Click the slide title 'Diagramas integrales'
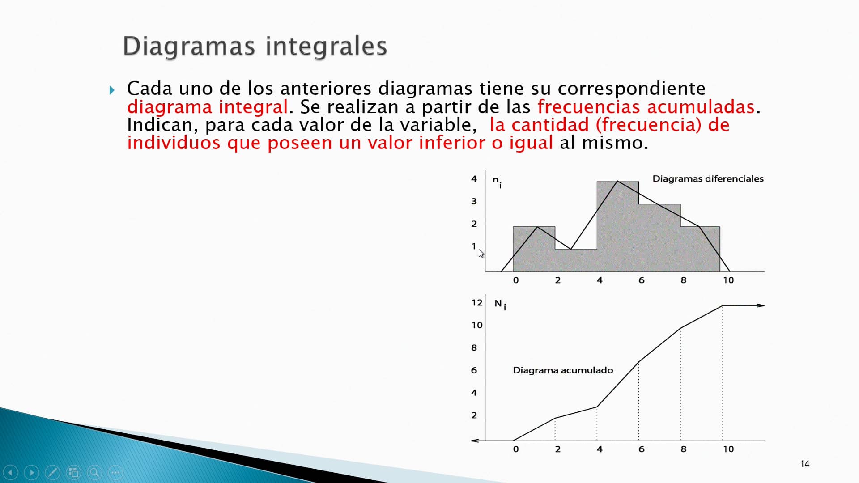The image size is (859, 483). [255, 46]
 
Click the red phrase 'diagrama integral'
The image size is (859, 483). [207, 107]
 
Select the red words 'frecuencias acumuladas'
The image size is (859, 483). [646, 107]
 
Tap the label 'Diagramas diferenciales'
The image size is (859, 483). [708, 179]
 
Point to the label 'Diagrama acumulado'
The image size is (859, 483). [563, 370]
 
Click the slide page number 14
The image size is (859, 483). [804, 464]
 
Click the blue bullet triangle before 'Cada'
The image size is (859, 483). [112, 90]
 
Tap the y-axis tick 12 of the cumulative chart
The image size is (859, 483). [477, 303]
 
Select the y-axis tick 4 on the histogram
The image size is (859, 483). [474, 179]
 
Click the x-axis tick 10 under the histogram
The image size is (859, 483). [728, 280]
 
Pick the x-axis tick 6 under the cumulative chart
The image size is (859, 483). [641, 449]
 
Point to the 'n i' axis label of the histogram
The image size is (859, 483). [497, 181]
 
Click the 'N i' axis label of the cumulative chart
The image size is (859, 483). [500, 305]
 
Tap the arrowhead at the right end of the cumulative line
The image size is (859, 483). [761, 305]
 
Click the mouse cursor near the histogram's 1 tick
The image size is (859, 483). [481, 254]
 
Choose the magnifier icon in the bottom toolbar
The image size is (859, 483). [94, 472]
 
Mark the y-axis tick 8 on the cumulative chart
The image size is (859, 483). [474, 348]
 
